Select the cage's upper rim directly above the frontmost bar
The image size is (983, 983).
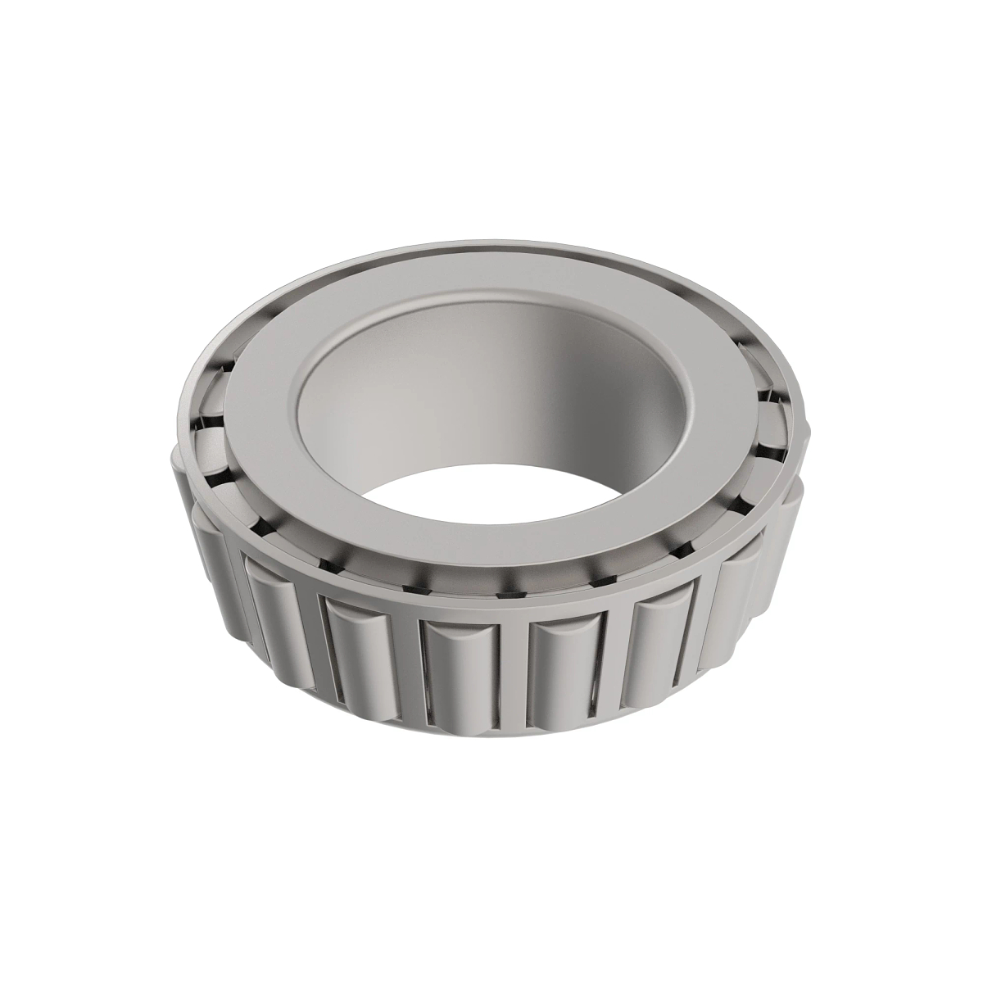512,606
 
